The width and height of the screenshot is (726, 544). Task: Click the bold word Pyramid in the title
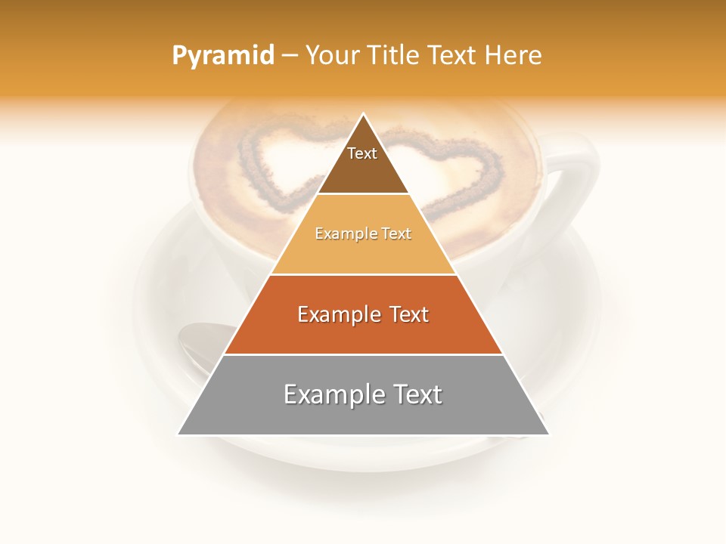click(222, 56)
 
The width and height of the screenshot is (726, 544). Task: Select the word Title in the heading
click(394, 56)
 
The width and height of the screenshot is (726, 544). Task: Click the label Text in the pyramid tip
click(362, 153)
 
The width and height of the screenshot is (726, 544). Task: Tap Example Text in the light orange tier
click(363, 234)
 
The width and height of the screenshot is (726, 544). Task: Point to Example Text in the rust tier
click(363, 314)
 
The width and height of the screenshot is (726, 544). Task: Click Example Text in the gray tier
click(363, 394)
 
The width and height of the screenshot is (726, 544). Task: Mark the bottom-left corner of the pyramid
click(179, 434)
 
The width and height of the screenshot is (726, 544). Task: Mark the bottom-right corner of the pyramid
click(548, 434)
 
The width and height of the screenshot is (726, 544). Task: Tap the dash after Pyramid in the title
click(290, 56)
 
